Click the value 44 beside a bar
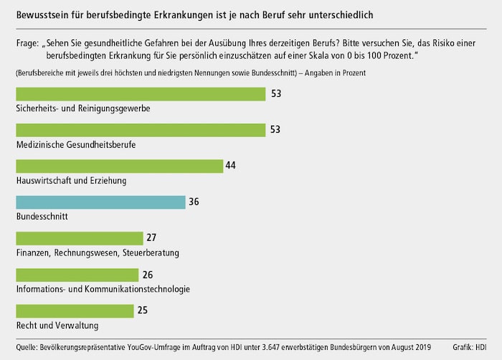click(x=230, y=166)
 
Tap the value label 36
click(x=194, y=202)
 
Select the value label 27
click(x=151, y=238)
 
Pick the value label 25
click(x=142, y=311)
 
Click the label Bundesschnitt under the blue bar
click(x=42, y=217)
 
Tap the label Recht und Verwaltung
click(x=58, y=325)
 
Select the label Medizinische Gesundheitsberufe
click(x=75, y=144)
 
